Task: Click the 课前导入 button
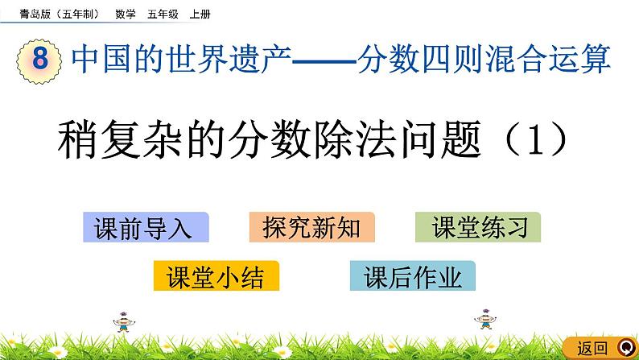[x=145, y=228]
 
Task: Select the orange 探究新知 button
[x=312, y=228]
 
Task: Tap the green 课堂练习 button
[x=478, y=228]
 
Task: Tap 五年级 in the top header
[x=163, y=13]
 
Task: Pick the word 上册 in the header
[x=199, y=13]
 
